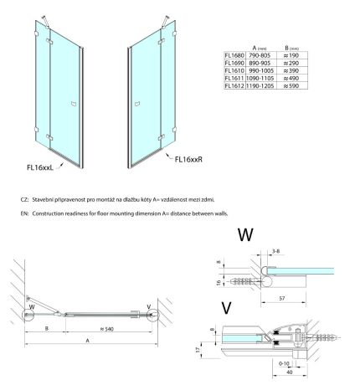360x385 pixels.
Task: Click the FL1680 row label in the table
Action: click(x=234, y=55)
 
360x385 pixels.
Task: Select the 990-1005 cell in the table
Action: click(x=261, y=70)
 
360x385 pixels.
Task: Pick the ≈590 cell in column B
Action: click(x=291, y=86)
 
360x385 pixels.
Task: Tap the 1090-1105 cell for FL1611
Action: click(x=260, y=79)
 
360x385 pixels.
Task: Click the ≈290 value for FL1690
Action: click(x=291, y=63)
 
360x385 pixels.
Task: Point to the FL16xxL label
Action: click(x=40, y=167)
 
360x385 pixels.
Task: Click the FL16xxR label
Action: click(x=188, y=159)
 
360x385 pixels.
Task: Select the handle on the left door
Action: click(x=74, y=104)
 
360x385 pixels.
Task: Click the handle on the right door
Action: click(x=137, y=104)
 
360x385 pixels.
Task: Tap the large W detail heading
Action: click(x=245, y=234)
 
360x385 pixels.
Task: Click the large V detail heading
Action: click(x=226, y=308)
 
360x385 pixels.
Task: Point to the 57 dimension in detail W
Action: click(x=282, y=298)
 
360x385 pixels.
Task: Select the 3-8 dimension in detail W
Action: click(x=275, y=251)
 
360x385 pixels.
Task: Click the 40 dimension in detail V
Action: click(x=290, y=372)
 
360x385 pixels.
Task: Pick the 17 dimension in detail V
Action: click(x=198, y=349)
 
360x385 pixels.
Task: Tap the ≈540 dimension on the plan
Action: click(x=107, y=329)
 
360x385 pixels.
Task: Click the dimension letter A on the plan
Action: click(x=88, y=341)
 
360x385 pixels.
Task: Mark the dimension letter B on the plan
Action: click(x=47, y=328)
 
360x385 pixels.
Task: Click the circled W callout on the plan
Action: click(x=29, y=315)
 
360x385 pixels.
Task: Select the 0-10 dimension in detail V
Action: click(x=284, y=363)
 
